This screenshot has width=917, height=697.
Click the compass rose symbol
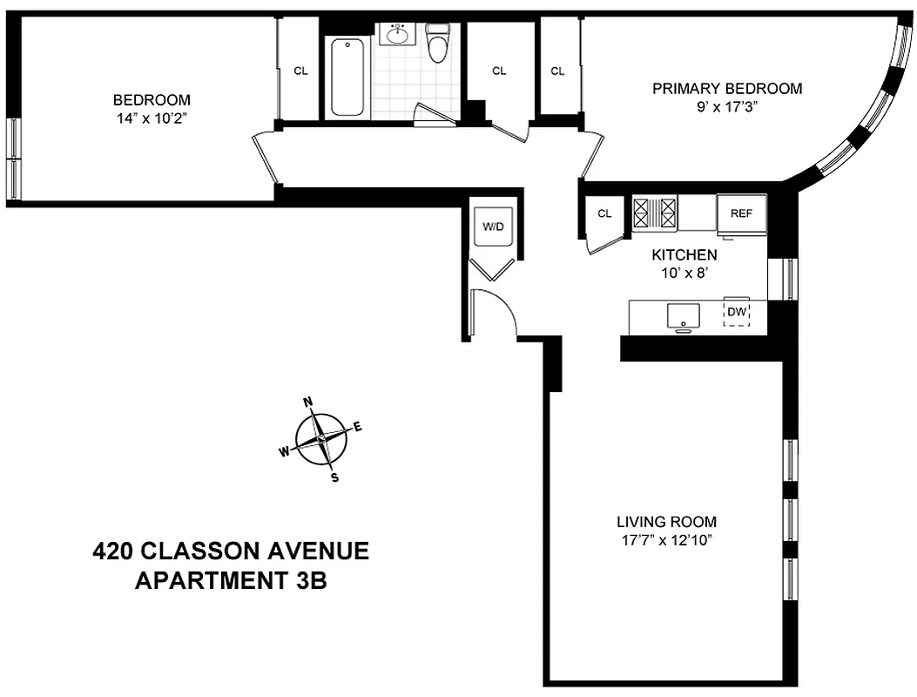click(321, 439)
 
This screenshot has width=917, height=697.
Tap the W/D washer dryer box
click(494, 227)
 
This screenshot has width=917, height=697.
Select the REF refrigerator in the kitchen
click(741, 213)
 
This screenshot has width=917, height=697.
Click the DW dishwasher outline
click(737, 313)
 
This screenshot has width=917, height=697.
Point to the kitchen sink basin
click(684, 315)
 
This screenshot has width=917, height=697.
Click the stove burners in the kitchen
click(654, 212)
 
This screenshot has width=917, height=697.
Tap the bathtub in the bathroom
click(348, 77)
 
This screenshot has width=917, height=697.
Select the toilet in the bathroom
click(437, 44)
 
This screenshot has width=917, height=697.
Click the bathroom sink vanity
click(399, 35)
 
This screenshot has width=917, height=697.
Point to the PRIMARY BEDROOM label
click(727, 89)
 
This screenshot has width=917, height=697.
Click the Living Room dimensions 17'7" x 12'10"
click(666, 539)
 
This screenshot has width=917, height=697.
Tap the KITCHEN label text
click(684, 255)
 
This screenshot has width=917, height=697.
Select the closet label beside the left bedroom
click(300, 71)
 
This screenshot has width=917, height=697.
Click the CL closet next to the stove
click(605, 213)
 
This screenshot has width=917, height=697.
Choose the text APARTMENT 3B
click(231, 580)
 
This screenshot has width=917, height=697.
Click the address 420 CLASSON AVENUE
click(231, 551)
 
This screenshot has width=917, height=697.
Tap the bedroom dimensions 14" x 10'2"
click(152, 116)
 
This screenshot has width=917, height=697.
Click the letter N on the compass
click(307, 402)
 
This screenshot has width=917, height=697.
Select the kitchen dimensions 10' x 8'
click(684, 272)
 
